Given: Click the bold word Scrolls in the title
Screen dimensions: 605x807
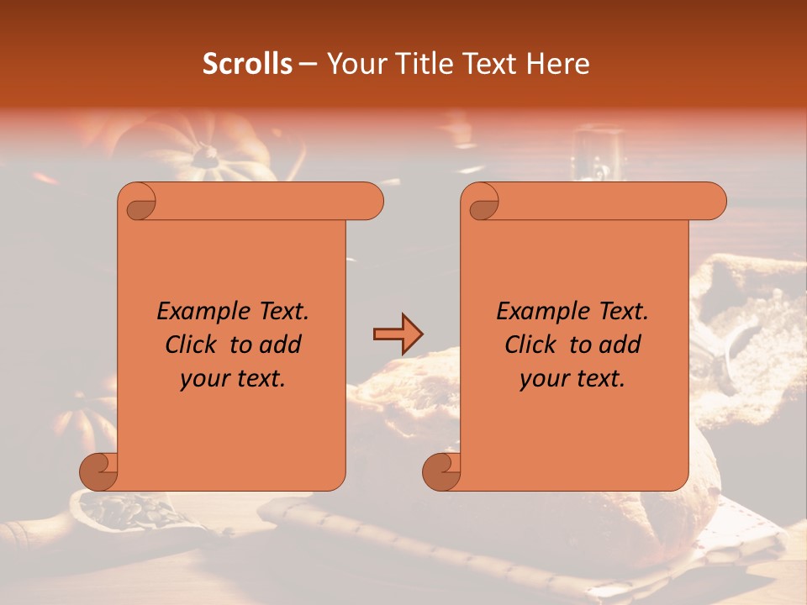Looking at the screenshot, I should tap(248, 64).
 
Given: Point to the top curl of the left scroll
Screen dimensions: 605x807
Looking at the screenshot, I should tap(138, 203).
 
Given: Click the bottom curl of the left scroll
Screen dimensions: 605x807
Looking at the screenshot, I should tap(99, 471).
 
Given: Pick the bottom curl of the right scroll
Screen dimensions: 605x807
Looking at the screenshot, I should tap(441, 471).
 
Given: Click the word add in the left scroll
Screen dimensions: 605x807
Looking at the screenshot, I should tap(281, 345).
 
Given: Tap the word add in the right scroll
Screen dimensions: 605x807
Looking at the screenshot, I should tap(620, 345).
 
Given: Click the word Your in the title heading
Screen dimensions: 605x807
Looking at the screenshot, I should tap(353, 64).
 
